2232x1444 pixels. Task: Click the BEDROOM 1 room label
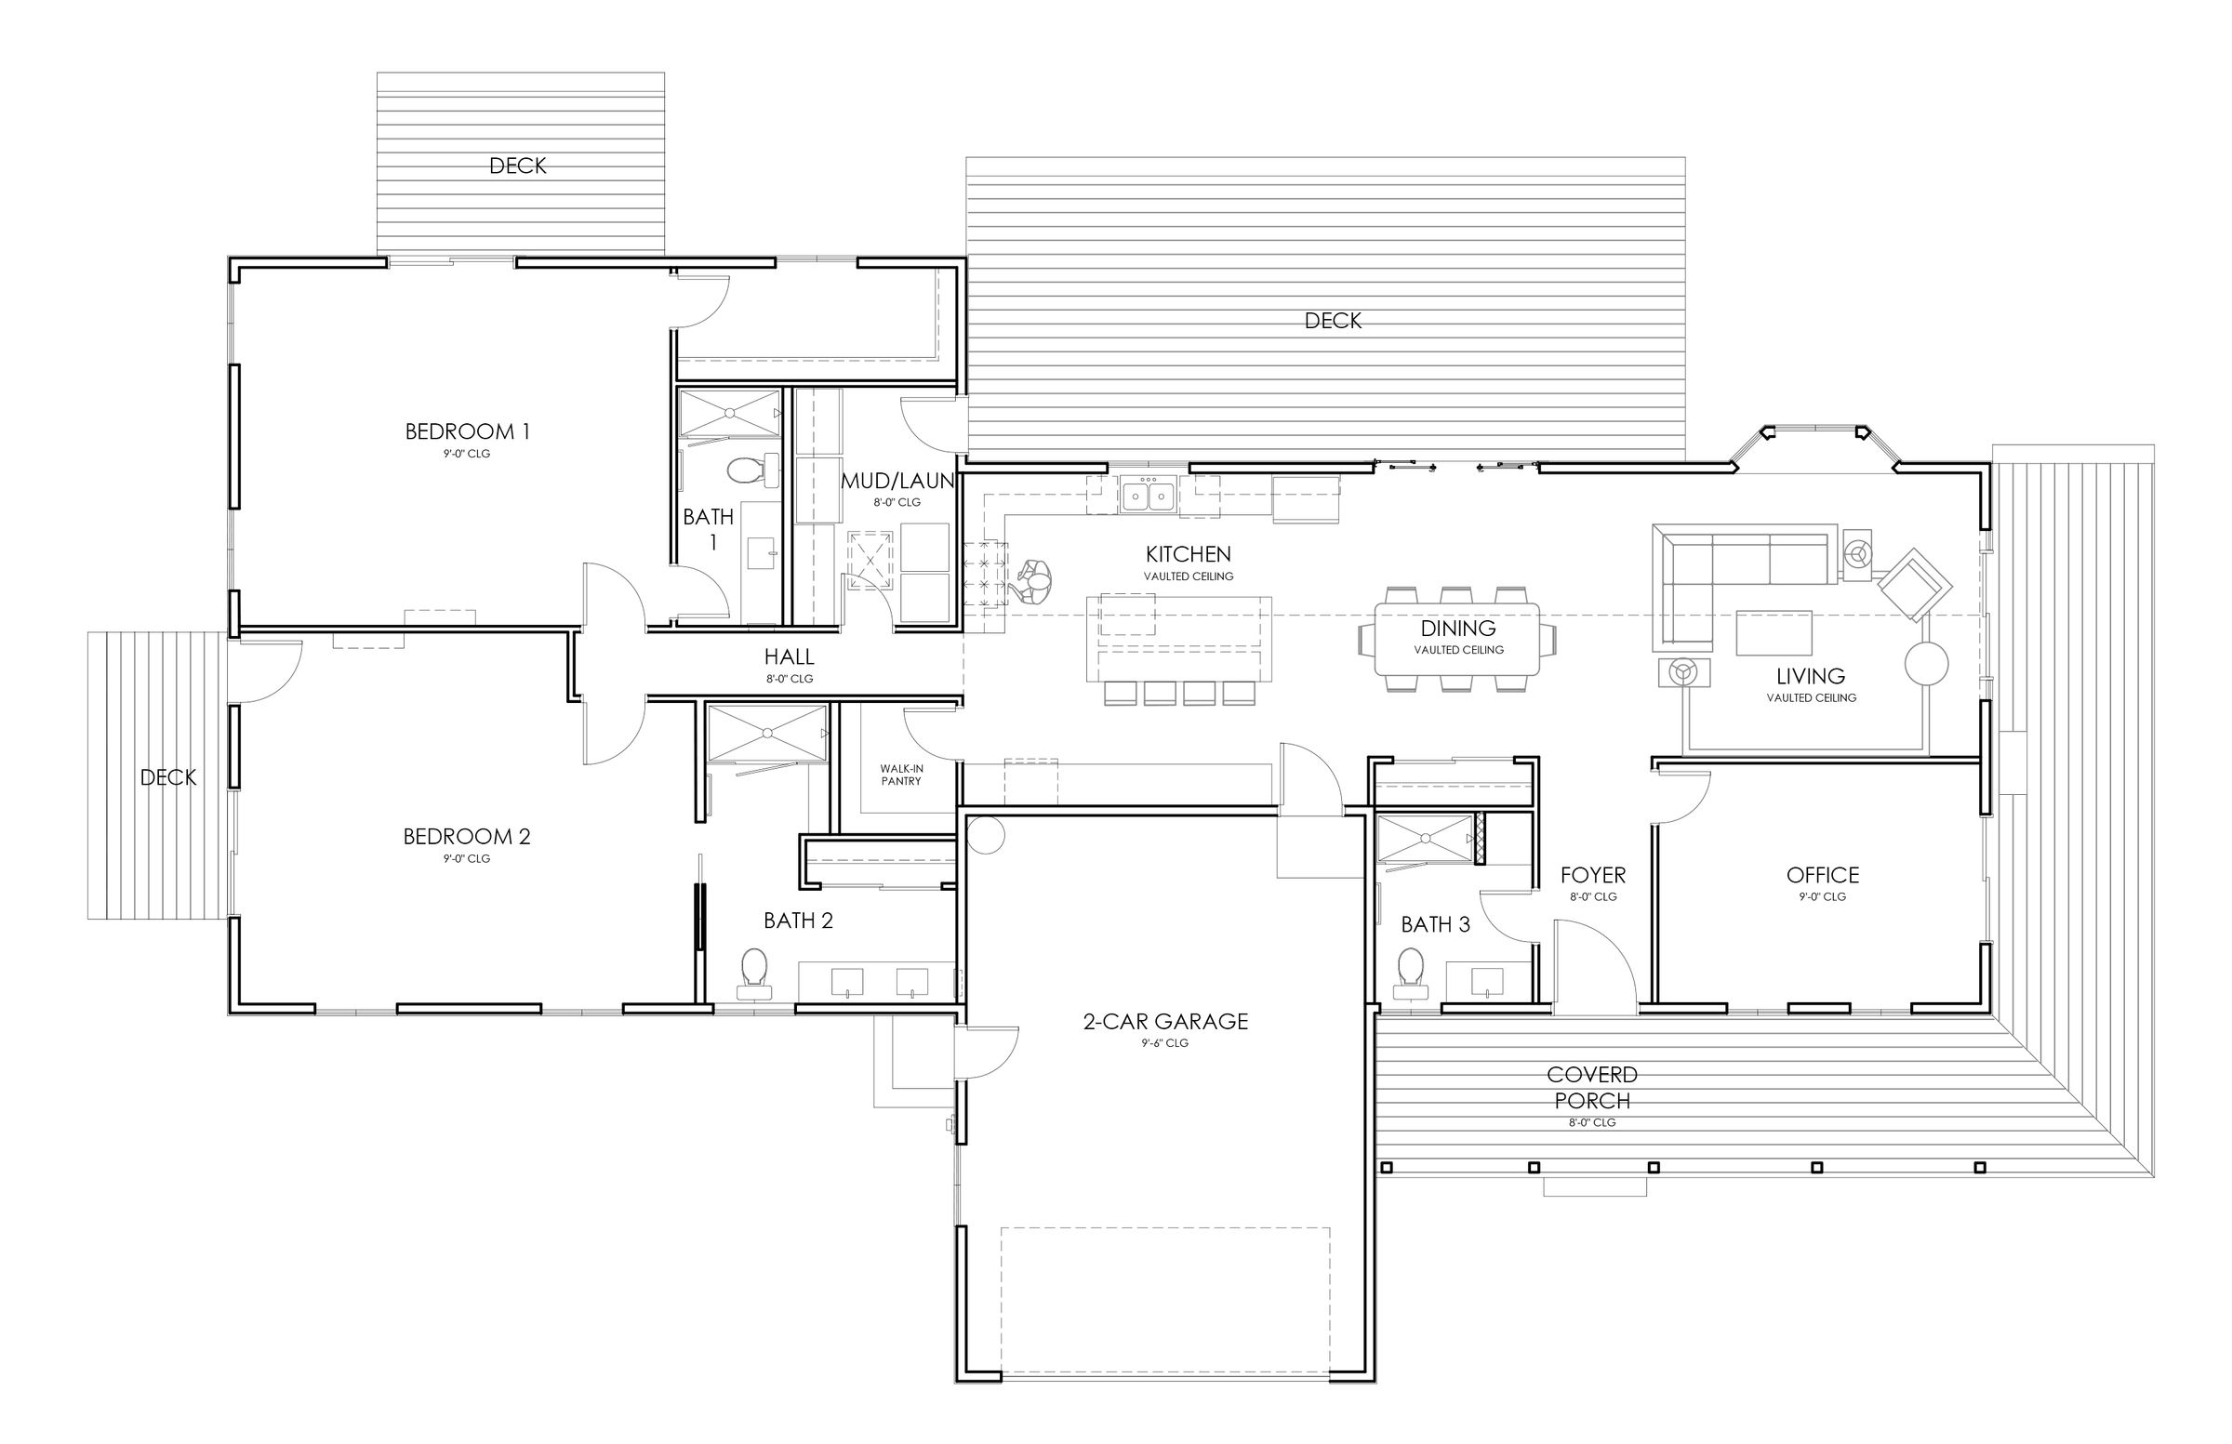point(467,432)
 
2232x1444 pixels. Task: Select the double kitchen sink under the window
point(1148,494)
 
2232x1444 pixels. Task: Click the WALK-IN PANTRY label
point(900,775)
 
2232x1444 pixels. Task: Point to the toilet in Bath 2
point(754,970)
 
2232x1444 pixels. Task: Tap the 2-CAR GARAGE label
point(1165,1022)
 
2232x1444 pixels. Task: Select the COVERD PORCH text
point(1591,1088)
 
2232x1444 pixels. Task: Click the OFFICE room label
point(1822,876)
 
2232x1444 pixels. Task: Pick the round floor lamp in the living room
point(1926,665)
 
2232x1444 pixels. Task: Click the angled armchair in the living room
point(1914,585)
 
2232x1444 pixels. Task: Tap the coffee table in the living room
point(1773,633)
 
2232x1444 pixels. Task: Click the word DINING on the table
point(1457,629)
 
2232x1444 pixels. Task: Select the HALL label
point(789,657)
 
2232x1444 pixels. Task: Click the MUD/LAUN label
point(897,482)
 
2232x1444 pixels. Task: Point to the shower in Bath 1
point(730,414)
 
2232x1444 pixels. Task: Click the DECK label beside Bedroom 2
point(168,777)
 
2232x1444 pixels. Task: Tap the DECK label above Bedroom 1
point(518,166)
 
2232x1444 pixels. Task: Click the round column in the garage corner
point(986,835)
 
